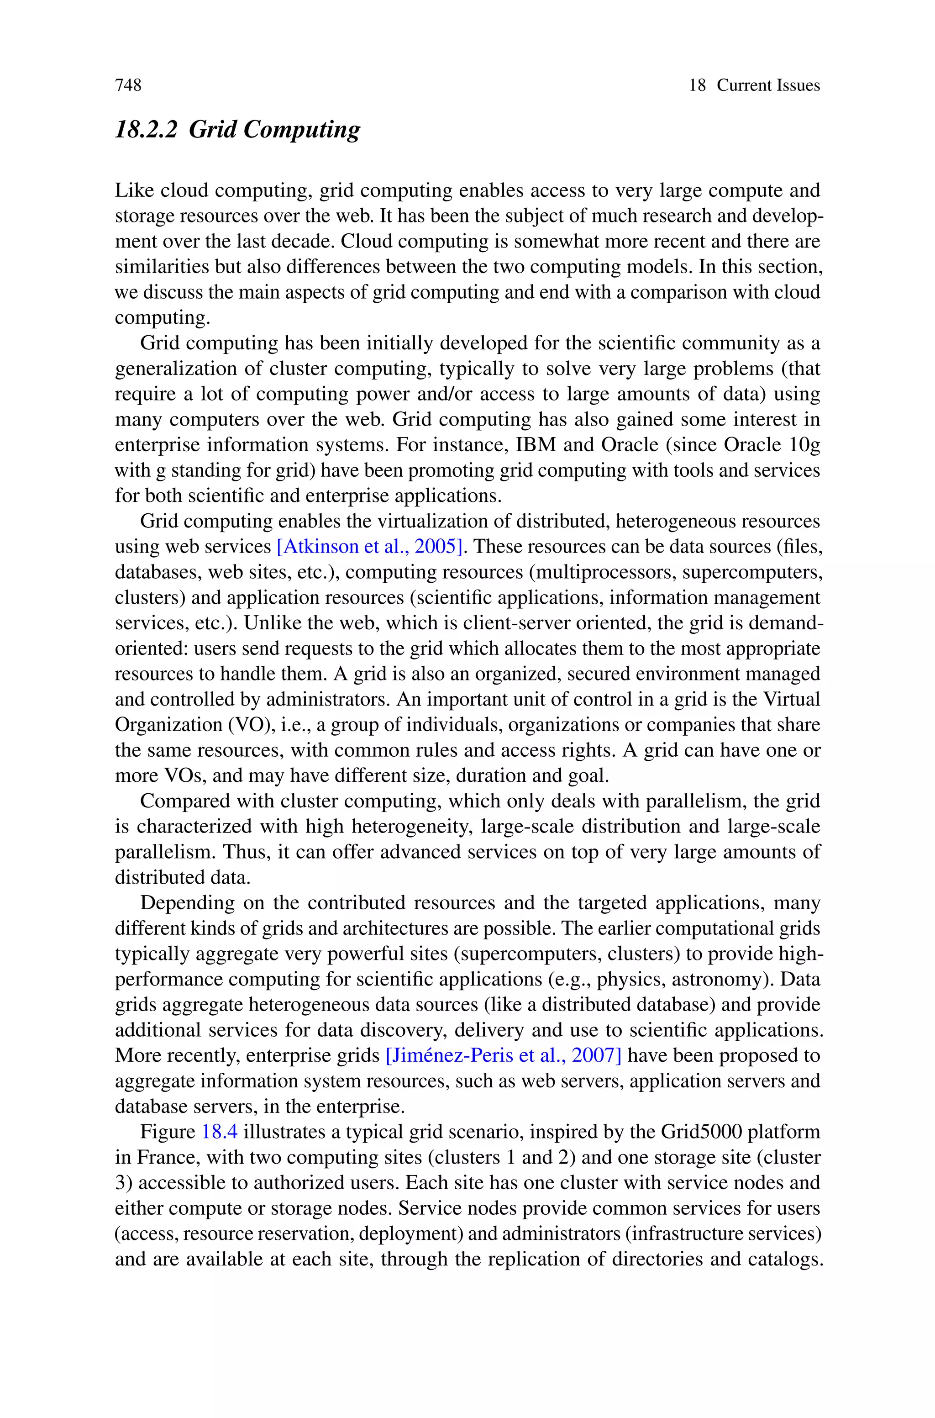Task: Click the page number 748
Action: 128,85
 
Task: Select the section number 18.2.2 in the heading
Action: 146,129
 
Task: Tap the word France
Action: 158,1157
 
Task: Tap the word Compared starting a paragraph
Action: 183,801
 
